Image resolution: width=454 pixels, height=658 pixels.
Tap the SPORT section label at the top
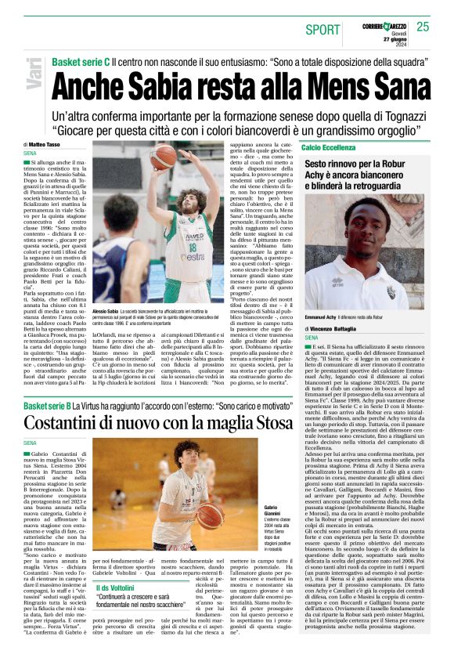323,30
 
